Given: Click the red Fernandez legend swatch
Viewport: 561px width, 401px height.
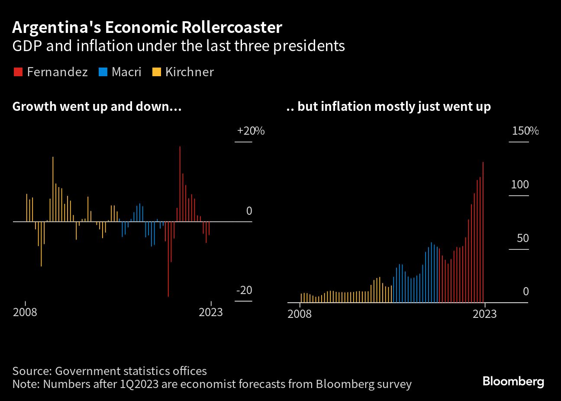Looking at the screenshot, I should point(18,72).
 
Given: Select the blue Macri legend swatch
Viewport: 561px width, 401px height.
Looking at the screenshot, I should point(103,72).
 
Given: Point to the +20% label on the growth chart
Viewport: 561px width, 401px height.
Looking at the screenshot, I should point(250,131).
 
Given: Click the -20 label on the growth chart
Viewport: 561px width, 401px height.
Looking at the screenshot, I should point(244,290).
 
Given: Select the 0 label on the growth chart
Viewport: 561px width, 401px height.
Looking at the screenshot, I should point(249,211).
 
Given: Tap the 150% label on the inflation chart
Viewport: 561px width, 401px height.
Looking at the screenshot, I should point(525,131).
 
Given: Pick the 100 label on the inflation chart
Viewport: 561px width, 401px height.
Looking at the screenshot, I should point(519,184).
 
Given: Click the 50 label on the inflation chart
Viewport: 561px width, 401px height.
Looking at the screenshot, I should point(519,238).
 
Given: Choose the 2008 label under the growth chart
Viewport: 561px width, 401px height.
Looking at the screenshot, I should point(25,312).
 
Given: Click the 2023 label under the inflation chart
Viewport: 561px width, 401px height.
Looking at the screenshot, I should point(484,314).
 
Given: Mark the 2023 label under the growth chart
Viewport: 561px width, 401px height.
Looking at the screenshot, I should point(210,312).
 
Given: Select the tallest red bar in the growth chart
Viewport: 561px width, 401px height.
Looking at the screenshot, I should point(180,182).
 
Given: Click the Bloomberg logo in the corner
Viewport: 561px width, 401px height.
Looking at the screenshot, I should point(513,382).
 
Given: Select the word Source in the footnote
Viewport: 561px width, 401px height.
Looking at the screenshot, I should point(31,371).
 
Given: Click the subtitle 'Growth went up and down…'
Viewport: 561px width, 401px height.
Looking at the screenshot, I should point(97,107).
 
